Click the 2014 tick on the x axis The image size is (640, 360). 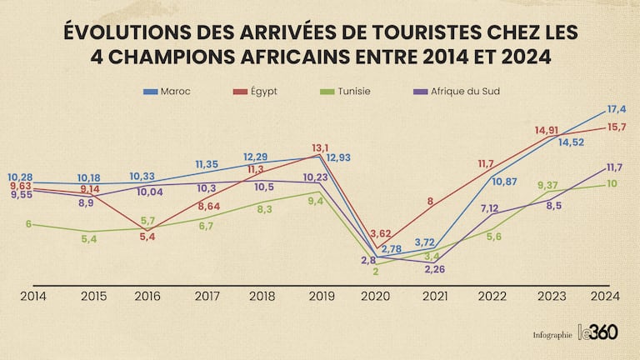pyautogui.click(x=34, y=295)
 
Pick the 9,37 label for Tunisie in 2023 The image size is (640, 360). pyautogui.click(x=548, y=185)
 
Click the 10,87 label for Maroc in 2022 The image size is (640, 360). pyautogui.click(x=504, y=181)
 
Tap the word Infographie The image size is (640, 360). pyautogui.click(x=552, y=334)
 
